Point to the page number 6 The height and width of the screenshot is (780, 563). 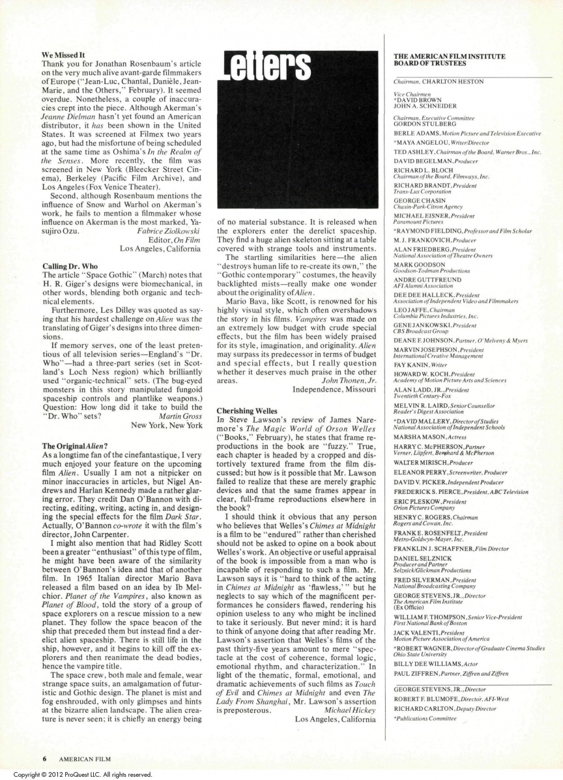coord(45,759)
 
